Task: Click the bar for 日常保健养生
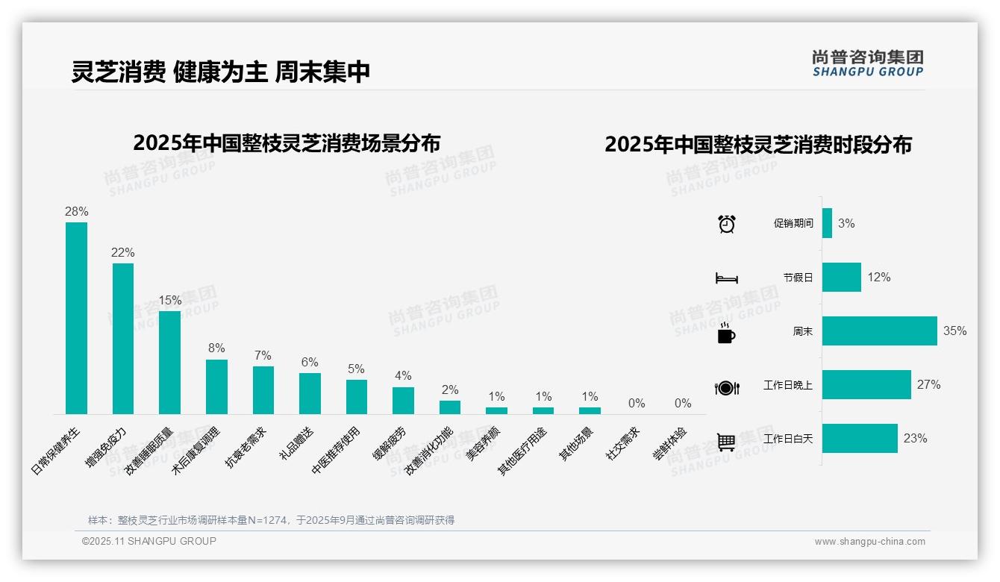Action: click(76, 318)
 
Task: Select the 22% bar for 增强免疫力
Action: click(123, 338)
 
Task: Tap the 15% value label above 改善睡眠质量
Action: click(169, 300)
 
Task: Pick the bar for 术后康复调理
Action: click(216, 387)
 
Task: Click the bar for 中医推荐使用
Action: click(357, 396)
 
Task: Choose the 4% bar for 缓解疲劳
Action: click(403, 400)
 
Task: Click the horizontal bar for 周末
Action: click(879, 331)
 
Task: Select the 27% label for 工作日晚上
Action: click(928, 385)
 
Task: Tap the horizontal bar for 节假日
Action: click(841, 277)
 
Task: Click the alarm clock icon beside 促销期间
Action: click(726, 224)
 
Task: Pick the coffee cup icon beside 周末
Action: click(726, 332)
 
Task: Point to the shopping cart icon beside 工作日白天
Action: click(726, 442)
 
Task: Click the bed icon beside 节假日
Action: click(726, 278)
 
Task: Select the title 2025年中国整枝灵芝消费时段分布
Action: click(757, 145)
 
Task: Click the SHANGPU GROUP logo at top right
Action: click(867, 63)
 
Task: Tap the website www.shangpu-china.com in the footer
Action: click(869, 542)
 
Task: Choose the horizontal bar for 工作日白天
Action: click(860, 438)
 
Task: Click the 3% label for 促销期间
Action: click(846, 223)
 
